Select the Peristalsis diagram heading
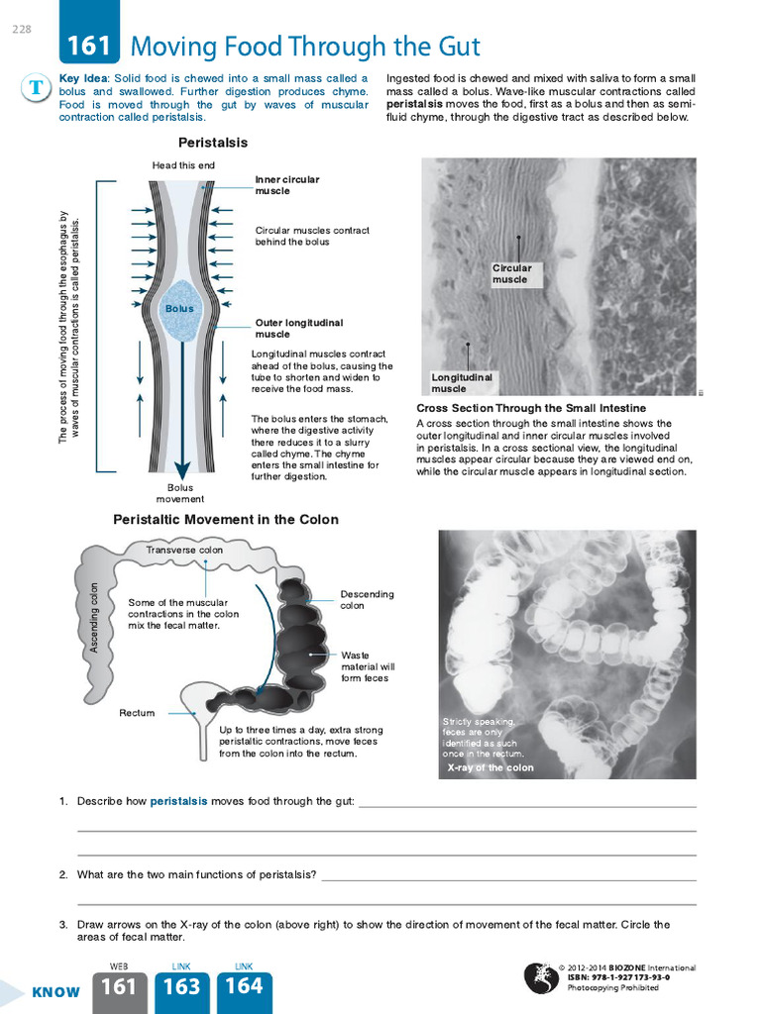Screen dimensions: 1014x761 click(212, 143)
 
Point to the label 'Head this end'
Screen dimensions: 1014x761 click(182, 165)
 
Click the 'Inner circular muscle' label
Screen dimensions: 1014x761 click(286, 185)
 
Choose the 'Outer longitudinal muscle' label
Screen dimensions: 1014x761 click(299, 329)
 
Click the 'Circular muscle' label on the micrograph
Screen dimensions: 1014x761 click(512, 273)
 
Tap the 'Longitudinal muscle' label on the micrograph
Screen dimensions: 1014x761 click(462, 383)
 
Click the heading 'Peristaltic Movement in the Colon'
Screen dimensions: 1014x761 click(226, 519)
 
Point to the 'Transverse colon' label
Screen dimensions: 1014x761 click(184, 550)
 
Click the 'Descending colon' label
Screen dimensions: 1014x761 click(367, 599)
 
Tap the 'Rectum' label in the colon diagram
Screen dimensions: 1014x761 click(137, 713)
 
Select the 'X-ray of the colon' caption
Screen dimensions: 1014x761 click(490, 767)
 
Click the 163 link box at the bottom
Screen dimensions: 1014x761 click(181, 987)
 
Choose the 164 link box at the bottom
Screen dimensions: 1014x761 click(244, 987)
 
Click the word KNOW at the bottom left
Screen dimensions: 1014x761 click(55, 992)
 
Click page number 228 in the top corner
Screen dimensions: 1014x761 click(22, 29)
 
